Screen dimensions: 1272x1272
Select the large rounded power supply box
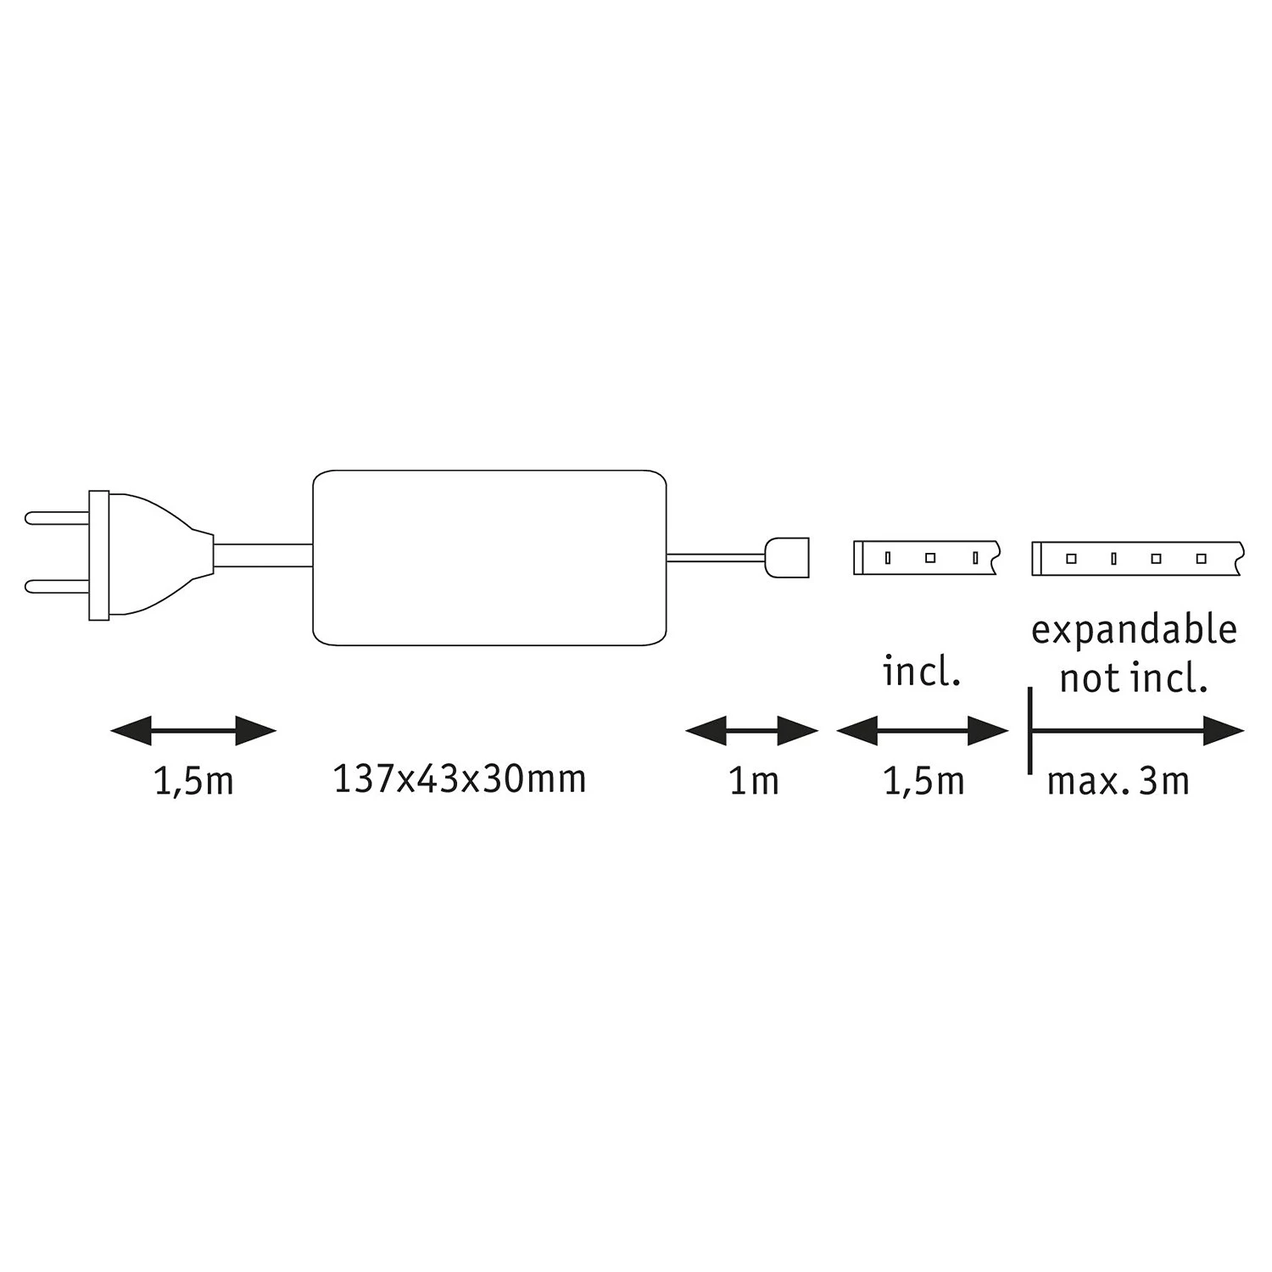tap(489, 557)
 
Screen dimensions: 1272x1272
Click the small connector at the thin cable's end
tap(788, 556)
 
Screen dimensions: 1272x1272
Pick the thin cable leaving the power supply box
tap(717, 557)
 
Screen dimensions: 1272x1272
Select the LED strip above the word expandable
tap(1136, 558)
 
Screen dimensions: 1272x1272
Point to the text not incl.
tap(1133, 678)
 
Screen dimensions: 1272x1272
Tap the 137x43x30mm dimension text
tap(460, 779)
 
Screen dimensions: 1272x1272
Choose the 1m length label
tap(753, 781)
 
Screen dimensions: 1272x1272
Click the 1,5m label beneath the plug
tap(193, 781)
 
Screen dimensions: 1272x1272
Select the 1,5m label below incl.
tap(923, 781)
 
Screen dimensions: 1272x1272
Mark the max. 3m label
tap(1118, 781)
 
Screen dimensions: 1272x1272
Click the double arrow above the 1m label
tap(751, 730)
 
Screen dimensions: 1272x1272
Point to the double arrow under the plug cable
tap(193, 730)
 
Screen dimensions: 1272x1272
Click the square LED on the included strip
tap(930, 558)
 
